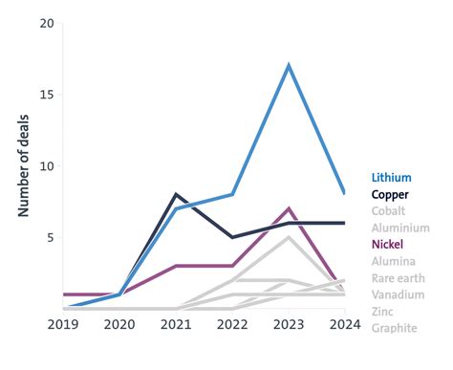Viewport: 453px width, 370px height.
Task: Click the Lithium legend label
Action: click(x=392, y=177)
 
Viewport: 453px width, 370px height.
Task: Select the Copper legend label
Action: click(x=391, y=194)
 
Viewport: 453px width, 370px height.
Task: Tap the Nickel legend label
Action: click(x=389, y=245)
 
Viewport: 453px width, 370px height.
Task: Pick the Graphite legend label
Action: click(x=395, y=328)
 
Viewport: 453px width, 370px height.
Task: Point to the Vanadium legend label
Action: click(x=398, y=294)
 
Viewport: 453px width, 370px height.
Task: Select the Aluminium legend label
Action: click(x=400, y=229)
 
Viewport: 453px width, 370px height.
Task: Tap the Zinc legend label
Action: click(x=383, y=312)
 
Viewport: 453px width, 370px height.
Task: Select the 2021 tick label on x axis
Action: click(x=175, y=325)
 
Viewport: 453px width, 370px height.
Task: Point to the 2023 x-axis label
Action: click(x=289, y=325)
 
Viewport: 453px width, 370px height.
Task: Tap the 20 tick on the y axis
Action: click(x=46, y=23)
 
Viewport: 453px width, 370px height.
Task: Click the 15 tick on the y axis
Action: click(x=46, y=95)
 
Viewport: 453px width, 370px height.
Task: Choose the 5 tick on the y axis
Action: click(x=50, y=237)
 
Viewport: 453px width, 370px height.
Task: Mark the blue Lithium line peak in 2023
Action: click(x=289, y=66)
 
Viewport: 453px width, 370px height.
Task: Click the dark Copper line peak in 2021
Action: click(x=175, y=195)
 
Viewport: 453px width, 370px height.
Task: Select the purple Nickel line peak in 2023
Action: click(x=289, y=208)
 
